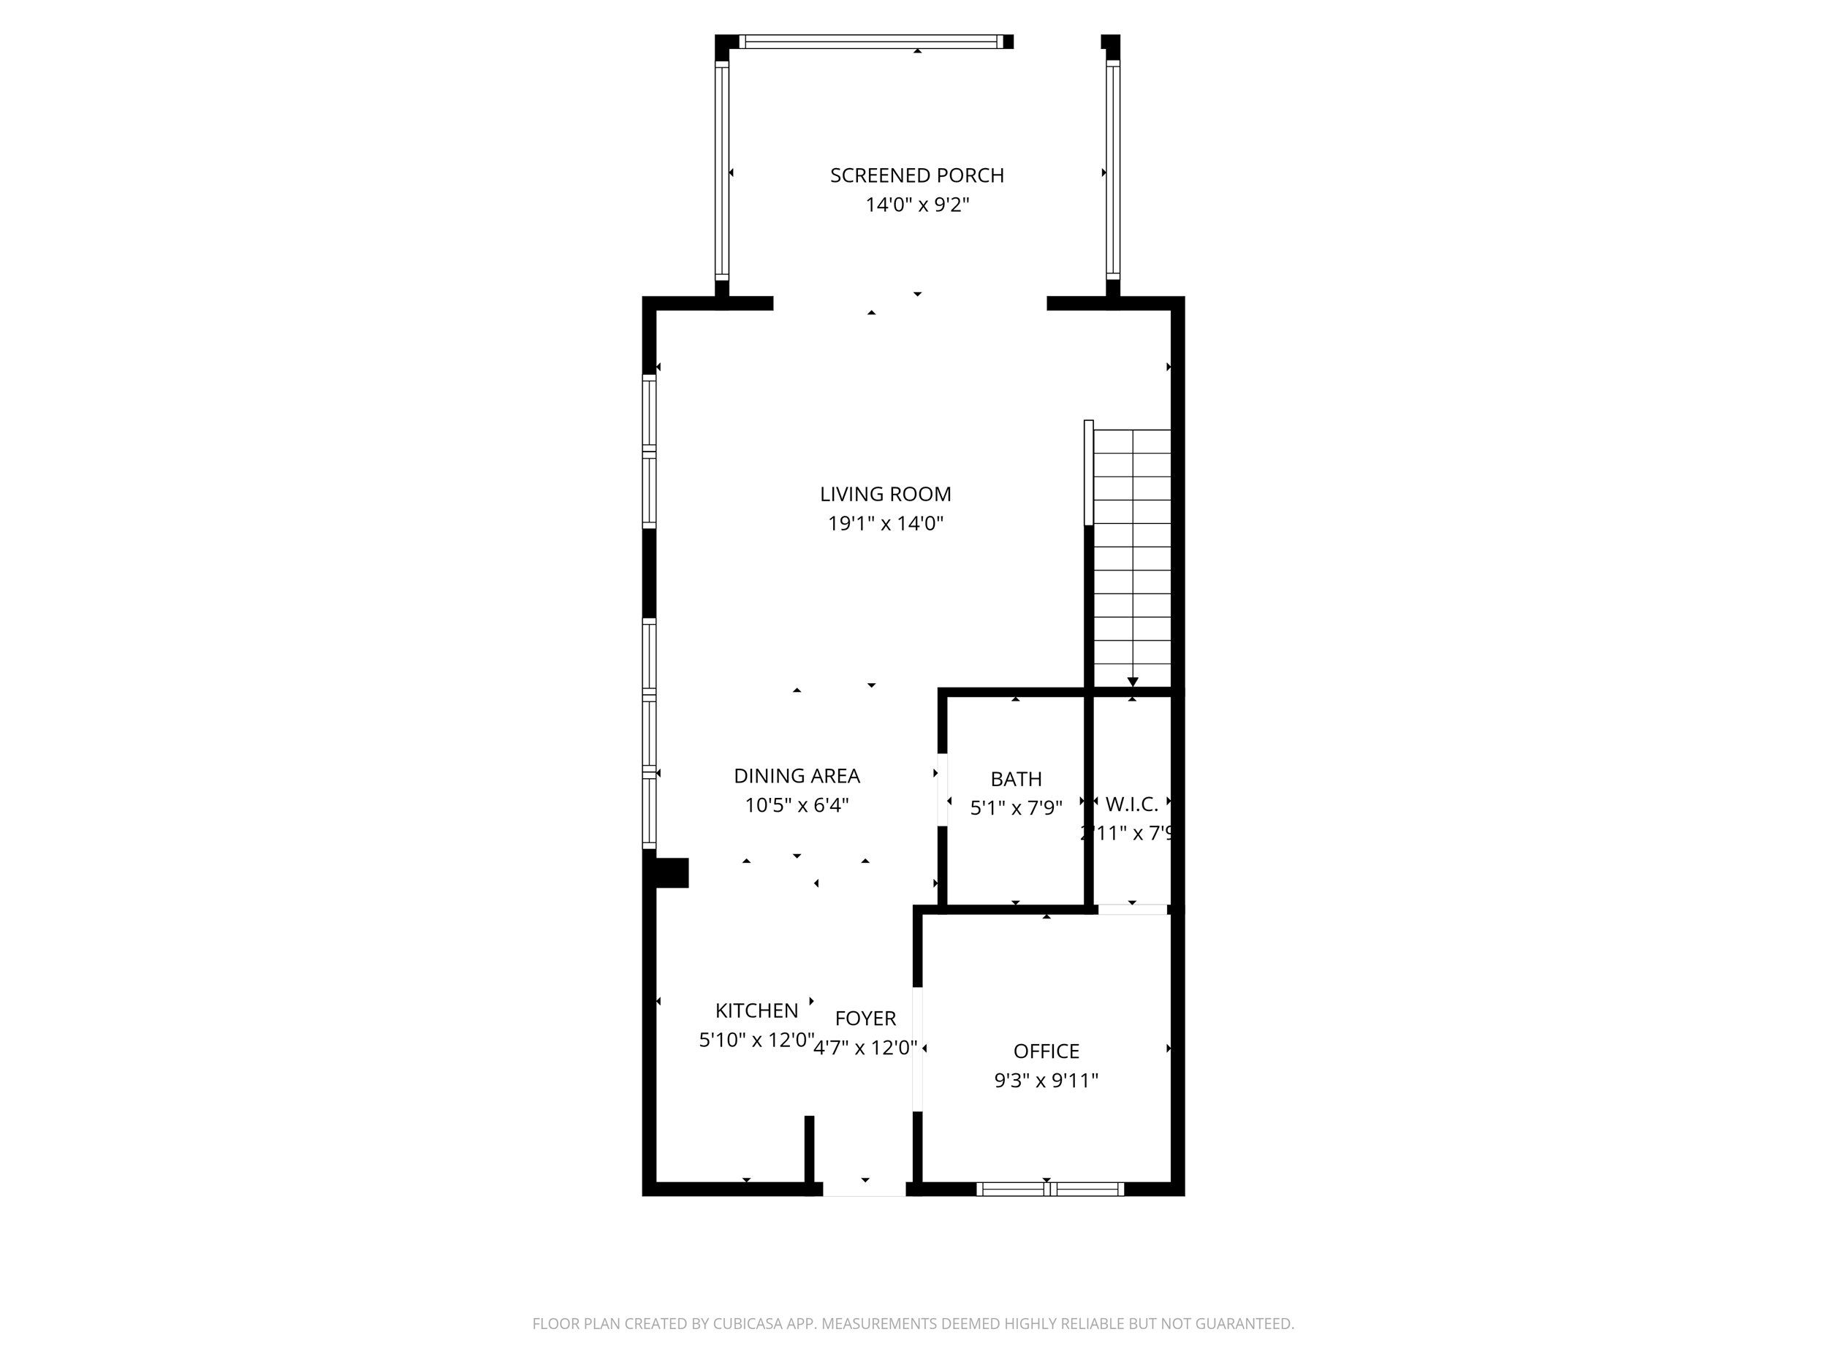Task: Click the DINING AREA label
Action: tap(797, 775)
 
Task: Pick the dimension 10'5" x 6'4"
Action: tap(797, 805)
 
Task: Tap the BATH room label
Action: tap(1015, 779)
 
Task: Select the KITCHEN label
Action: tap(756, 1011)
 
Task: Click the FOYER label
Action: tap(865, 1019)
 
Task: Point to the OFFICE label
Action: tap(1046, 1051)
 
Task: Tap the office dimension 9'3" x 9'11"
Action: tap(1046, 1080)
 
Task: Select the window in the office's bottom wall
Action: tap(1049, 1189)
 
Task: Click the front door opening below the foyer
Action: tap(864, 1189)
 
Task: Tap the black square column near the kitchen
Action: tap(671, 873)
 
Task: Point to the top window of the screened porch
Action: tap(871, 42)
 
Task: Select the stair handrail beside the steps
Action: tap(1089, 472)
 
